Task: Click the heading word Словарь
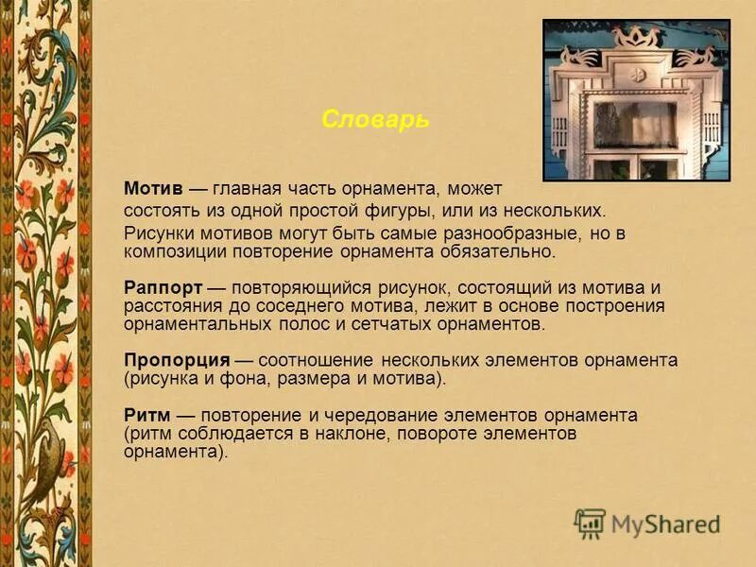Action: pyautogui.click(x=375, y=120)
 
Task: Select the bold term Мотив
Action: pyautogui.click(x=152, y=189)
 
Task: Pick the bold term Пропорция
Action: pyautogui.click(x=177, y=361)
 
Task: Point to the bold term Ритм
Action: pyautogui.click(x=146, y=415)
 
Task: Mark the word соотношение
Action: pyautogui.click(x=317, y=361)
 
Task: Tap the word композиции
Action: pyautogui.click(x=172, y=252)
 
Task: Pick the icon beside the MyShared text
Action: pyautogui.click(x=590, y=524)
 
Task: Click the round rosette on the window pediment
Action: pyautogui.click(x=637, y=74)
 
